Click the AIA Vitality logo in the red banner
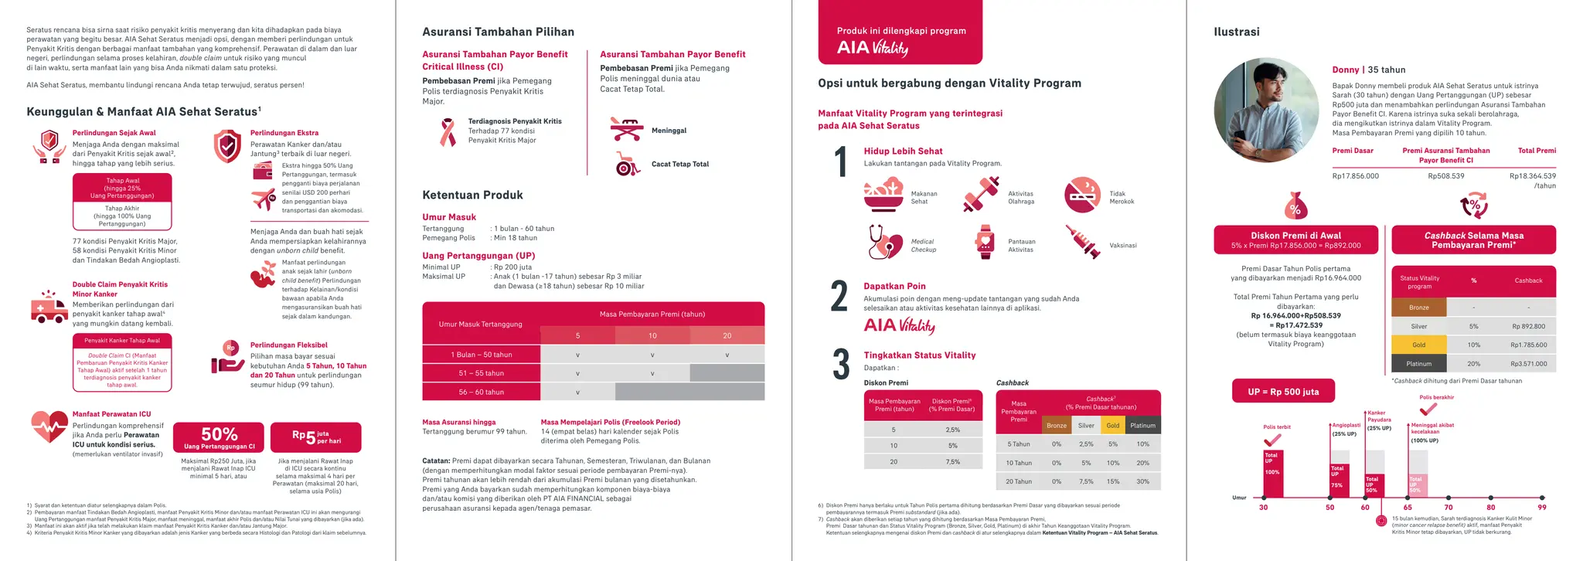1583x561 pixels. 872,48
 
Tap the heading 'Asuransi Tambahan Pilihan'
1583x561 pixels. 498,32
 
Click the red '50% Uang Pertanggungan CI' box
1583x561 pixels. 219,437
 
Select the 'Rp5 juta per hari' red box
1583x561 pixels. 315,437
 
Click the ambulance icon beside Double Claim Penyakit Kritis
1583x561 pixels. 49,308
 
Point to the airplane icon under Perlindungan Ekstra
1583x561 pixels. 263,199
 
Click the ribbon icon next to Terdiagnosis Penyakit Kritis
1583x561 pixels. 447,132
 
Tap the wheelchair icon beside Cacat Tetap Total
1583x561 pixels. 626,164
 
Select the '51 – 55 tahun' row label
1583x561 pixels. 481,373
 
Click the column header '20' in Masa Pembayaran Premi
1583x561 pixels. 727,335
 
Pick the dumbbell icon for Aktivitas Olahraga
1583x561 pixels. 980,195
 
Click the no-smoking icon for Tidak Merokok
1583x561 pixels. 1082,195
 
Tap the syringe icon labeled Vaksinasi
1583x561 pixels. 1082,242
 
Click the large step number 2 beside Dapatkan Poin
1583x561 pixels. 839,297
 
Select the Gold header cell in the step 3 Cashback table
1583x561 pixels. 1112,425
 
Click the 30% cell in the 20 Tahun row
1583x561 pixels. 1142,481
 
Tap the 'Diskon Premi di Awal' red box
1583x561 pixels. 1295,240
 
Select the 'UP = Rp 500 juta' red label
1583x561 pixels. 1282,392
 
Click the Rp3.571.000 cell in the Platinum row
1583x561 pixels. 1528,363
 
